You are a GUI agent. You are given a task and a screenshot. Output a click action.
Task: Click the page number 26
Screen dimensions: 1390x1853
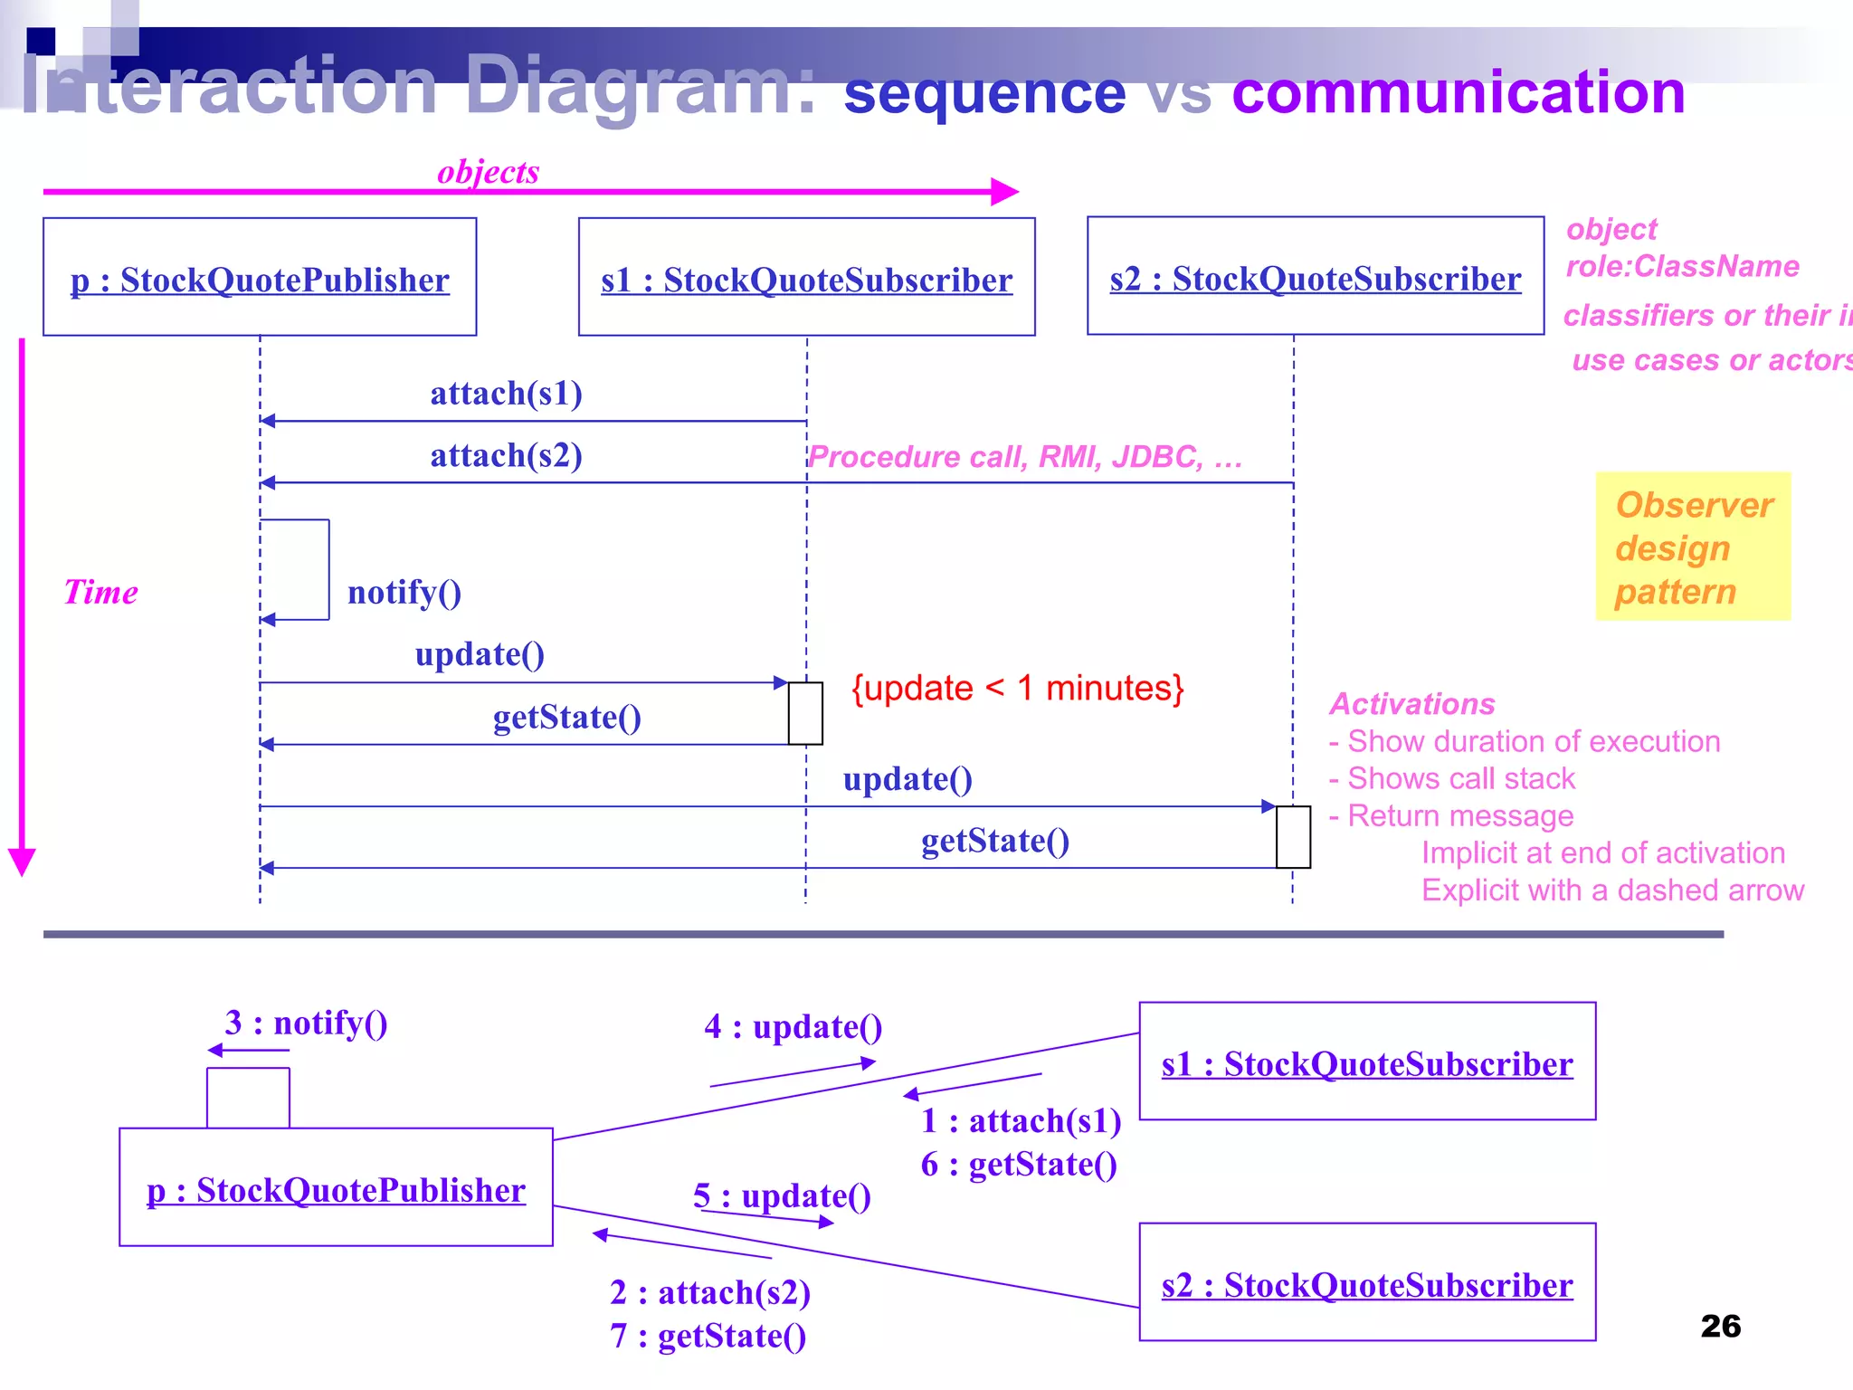[x=1720, y=1326]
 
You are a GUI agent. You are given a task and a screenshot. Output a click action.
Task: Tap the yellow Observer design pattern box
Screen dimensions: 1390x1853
[x=1693, y=547]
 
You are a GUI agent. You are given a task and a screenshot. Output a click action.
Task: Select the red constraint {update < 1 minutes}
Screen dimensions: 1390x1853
[x=1017, y=689]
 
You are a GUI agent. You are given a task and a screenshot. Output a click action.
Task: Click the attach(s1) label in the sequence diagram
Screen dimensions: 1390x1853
[x=506, y=394]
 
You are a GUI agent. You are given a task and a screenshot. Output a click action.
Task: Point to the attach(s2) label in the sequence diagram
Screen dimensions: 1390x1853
[x=506, y=455]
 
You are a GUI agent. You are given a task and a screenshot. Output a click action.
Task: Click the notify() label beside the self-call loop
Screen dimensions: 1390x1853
[x=404, y=593]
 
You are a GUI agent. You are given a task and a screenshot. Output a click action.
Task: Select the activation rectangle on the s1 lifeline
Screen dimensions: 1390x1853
[x=805, y=713]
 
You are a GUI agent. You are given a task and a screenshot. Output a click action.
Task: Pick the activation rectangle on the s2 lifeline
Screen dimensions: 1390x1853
[x=1293, y=837]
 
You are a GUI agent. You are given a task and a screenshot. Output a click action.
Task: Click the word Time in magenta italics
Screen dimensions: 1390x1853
[x=100, y=593]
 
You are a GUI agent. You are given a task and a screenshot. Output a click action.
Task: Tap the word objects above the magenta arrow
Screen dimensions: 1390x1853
[x=488, y=172]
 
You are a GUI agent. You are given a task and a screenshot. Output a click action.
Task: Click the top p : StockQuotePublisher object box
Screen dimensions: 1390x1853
[x=260, y=278]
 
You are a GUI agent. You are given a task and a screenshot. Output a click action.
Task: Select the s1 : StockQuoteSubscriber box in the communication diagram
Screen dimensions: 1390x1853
[x=1366, y=1062]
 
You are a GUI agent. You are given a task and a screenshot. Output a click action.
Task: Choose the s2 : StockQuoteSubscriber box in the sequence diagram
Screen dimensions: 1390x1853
[x=1315, y=276]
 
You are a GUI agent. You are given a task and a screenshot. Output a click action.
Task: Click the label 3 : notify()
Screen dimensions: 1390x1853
[x=306, y=1023]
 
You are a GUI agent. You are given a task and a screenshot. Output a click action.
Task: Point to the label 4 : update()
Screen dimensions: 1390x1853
[x=793, y=1027]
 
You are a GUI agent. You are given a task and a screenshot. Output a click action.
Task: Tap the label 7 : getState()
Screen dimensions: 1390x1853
[x=708, y=1336]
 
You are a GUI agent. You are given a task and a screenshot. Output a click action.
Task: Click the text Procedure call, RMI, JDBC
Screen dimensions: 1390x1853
[x=1023, y=457]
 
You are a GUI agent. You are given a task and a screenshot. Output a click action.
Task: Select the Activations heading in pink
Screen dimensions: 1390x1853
[x=1411, y=704]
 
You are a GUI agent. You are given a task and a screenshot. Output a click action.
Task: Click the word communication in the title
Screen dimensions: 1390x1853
[x=1458, y=92]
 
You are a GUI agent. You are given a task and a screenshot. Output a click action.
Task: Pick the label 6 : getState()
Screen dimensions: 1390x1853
[x=1019, y=1165]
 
